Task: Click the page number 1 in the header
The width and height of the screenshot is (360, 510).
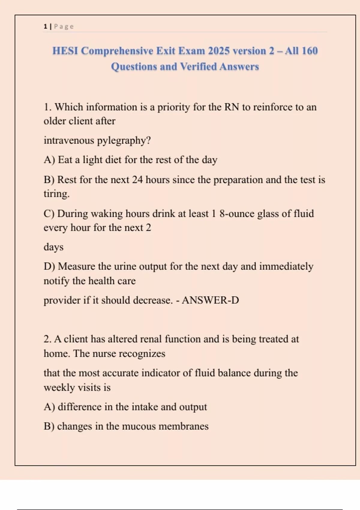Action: coord(45,26)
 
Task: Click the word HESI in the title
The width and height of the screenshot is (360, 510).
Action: coord(65,51)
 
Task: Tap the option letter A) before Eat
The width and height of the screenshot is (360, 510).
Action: coord(49,160)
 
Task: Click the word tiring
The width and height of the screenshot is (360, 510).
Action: coord(56,193)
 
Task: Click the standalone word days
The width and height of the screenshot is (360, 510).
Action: coord(53,247)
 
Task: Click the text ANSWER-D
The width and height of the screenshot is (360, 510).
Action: coord(210,300)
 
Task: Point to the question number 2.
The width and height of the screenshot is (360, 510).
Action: coord(47,339)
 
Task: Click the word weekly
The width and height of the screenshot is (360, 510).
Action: coord(59,388)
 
